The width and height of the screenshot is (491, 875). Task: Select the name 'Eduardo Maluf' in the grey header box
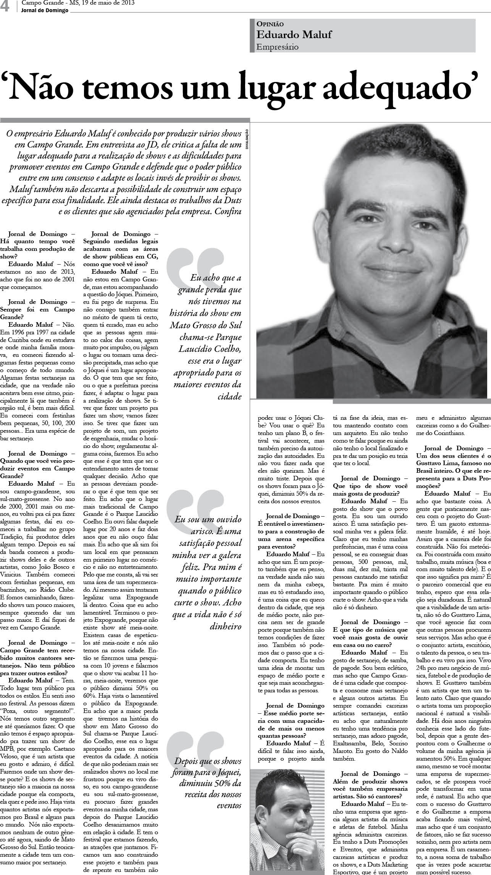[294, 35]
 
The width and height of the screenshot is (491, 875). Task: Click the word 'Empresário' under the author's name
[277, 47]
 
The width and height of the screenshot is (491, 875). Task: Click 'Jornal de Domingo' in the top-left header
[45, 11]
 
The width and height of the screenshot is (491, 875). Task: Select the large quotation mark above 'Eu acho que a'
[195, 267]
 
